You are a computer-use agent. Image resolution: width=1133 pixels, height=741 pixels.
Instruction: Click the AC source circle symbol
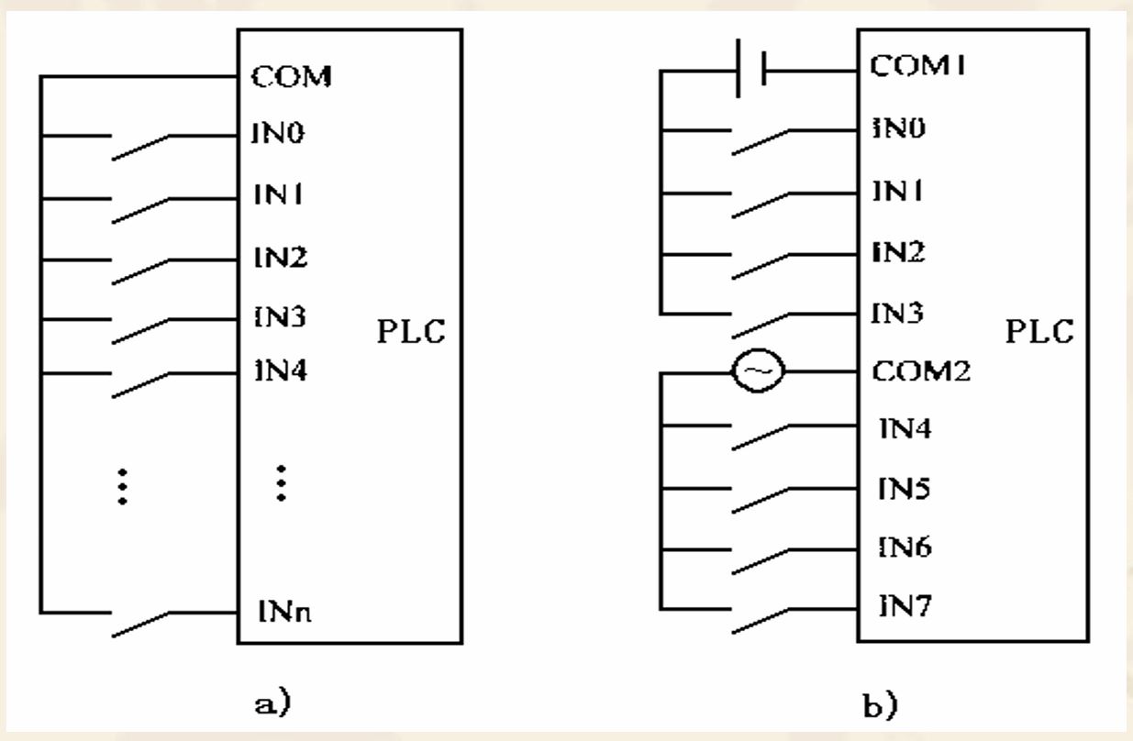[757, 373]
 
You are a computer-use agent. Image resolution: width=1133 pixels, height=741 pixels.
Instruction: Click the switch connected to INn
[139, 624]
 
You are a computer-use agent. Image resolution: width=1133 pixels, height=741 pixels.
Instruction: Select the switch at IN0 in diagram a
[139, 148]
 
